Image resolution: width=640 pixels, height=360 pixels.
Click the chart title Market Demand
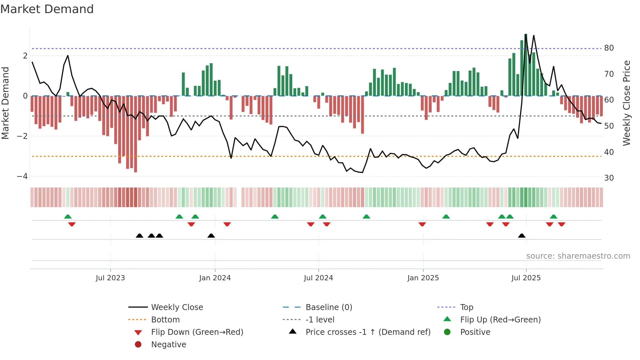[x=47, y=9]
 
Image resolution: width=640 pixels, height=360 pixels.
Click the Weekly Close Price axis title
[x=626, y=103]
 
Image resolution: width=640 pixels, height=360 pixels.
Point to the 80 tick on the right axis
[x=609, y=48]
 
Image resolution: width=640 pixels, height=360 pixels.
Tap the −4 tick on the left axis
[x=23, y=176]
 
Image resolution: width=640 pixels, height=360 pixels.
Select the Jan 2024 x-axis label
[x=215, y=278]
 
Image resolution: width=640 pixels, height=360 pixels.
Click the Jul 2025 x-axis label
[x=526, y=278]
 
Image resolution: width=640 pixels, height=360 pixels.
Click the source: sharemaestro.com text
[x=578, y=256]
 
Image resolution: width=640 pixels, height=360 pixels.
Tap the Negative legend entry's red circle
[x=138, y=345]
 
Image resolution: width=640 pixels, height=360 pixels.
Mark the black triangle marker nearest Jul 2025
[x=522, y=236]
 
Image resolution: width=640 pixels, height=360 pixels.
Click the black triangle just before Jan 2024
[x=211, y=236]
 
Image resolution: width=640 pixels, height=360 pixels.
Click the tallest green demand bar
[x=526, y=65]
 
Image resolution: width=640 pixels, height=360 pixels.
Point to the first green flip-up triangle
[x=68, y=217]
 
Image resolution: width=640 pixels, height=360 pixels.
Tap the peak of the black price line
[x=526, y=35]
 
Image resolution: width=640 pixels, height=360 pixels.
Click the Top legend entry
[x=466, y=307]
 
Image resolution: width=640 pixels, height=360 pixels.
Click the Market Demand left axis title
[x=5, y=103]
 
